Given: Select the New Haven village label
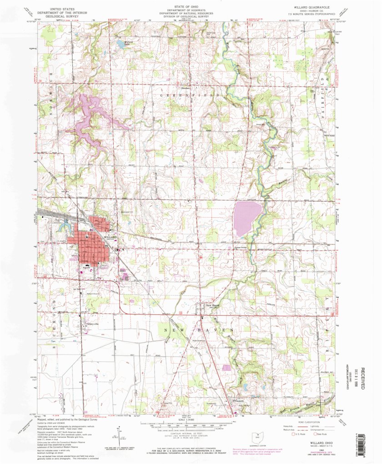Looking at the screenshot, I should [212, 305].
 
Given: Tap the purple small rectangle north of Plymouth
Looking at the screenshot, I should [226, 367].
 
